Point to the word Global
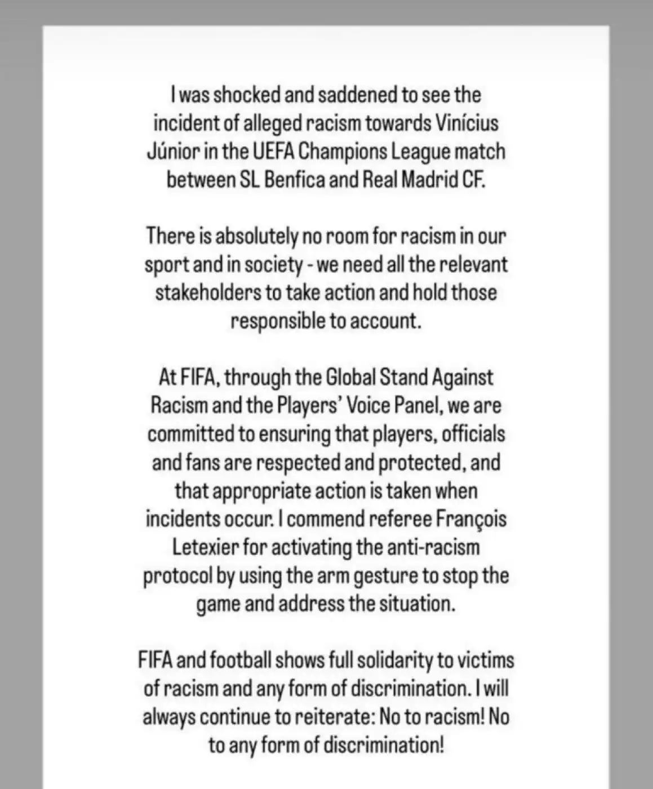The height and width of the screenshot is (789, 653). (x=351, y=377)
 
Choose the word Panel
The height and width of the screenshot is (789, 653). (x=412, y=406)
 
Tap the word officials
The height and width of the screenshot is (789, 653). (x=473, y=434)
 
